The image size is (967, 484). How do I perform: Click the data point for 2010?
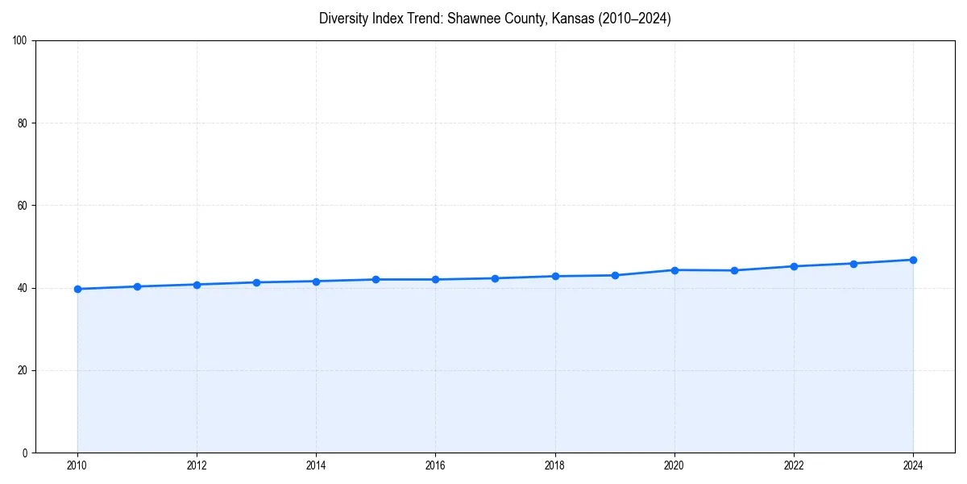77,289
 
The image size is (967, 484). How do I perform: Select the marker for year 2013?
256,282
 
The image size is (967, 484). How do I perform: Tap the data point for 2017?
495,278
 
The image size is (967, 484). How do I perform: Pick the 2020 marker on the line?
674,270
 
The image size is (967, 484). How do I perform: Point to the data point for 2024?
913,260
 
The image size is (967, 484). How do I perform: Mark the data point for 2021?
734,270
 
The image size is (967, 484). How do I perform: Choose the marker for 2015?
376,279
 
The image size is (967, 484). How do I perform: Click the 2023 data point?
853,264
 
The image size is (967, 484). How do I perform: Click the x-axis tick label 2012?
197,465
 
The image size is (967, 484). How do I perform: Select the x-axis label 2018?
554,465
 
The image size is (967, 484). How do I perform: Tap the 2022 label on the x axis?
794,465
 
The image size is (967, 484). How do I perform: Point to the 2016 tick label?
435,465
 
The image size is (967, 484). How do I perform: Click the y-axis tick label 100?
21,41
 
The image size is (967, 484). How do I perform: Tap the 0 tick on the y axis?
26,453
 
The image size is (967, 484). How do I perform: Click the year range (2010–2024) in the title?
635,19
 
